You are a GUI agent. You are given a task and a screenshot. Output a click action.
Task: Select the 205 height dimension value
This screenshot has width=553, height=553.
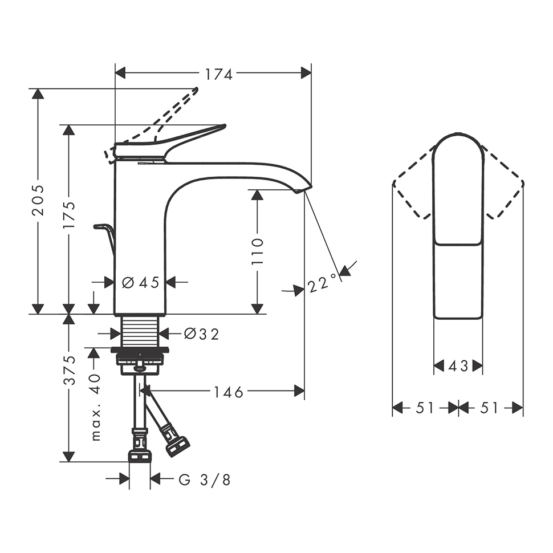coord(38,200)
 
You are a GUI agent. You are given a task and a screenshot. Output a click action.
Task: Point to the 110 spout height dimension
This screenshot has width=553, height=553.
coord(258,251)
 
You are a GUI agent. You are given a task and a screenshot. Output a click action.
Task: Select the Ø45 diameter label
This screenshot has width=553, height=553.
coord(140,282)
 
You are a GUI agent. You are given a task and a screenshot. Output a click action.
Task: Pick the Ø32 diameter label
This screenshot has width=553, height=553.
coord(201,334)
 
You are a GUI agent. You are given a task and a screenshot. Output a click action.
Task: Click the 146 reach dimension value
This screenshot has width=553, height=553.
coord(229,392)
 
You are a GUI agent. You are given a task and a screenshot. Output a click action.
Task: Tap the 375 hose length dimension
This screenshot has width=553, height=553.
coord(69,371)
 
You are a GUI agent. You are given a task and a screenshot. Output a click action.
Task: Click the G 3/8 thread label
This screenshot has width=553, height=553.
coord(204,480)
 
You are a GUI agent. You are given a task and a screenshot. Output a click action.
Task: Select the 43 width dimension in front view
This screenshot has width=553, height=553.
coord(458,366)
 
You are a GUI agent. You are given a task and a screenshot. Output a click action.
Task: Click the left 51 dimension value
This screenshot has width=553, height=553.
coord(425,408)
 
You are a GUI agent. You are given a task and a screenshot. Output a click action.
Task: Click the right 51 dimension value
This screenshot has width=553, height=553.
coord(490,408)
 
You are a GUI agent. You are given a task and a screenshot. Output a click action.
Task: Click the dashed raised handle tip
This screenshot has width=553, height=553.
coord(196,90)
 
